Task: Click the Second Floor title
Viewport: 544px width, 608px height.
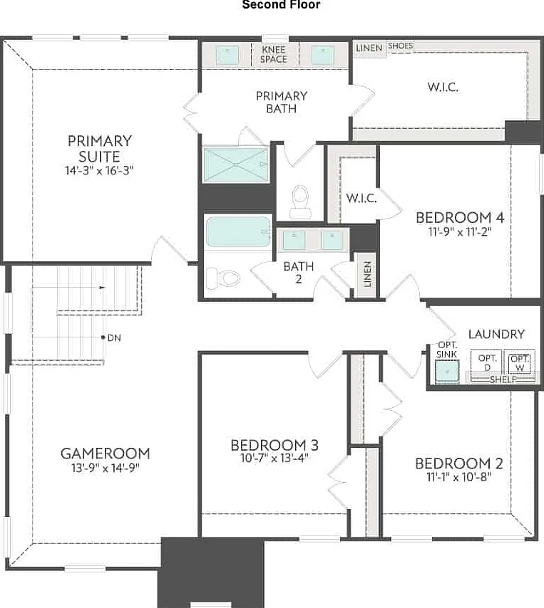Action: (x=281, y=5)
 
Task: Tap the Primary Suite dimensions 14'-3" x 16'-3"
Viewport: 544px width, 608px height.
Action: (x=99, y=170)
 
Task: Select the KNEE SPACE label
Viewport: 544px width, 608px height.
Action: (x=274, y=54)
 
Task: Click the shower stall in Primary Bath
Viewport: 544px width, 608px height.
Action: (x=236, y=164)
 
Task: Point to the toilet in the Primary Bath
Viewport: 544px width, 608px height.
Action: (x=299, y=201)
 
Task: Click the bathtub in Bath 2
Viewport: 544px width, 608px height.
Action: (x=238, y=231)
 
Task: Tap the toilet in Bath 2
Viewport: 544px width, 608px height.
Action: (x=222, y=278)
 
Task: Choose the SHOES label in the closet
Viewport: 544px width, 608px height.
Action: (x=400, y=46)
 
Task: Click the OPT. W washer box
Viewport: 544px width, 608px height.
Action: (x=520, y=363)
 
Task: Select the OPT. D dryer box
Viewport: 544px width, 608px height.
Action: (x=487, y=363)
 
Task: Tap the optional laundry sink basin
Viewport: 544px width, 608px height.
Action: (x=447, y=371)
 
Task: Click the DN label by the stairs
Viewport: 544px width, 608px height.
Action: (x=114, y=337)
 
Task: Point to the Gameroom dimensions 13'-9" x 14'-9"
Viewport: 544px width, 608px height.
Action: (x=106, y=468)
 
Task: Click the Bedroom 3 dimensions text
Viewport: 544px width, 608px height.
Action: (x=274, y=458)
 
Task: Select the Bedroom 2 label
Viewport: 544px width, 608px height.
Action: (x=459, y=463)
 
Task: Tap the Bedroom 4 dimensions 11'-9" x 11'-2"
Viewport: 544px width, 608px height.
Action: (x=460, y=231)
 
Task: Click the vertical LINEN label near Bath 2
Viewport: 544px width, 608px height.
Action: (x=367, y=274)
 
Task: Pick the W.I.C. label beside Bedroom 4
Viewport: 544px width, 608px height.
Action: (x=361, y=198)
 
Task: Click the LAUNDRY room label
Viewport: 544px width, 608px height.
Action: (x=496, y=334)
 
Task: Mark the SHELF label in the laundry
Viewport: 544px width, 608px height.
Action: (x=503, y=379)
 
